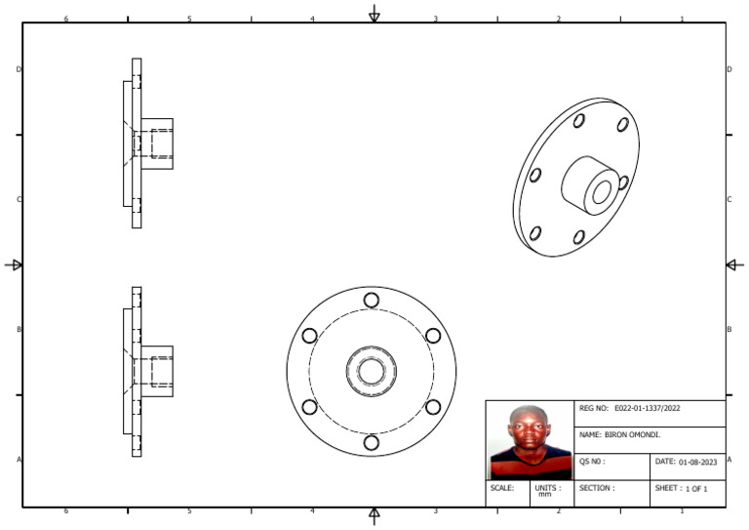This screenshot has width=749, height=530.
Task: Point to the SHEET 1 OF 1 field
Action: [687, 487]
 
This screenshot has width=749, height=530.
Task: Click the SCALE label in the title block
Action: [502, 487]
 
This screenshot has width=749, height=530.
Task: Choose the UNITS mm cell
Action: [547, 490]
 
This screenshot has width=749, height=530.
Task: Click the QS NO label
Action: [593, 462]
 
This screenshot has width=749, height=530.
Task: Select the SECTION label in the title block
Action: [597, 487]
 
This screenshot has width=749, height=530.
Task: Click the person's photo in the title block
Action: [530, 440]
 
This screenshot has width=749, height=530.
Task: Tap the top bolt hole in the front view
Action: [371, 300]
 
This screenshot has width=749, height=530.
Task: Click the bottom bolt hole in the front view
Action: [371, 442]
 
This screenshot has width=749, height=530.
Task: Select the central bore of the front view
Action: [371, 371]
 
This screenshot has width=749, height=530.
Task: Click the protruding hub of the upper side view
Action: [158, 143]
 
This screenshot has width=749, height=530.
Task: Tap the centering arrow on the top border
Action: [374, 13]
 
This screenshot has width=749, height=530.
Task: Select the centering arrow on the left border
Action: [14, 265]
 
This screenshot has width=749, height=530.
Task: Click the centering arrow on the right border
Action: [735, 265]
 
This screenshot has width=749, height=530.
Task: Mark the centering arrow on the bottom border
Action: [374, 516]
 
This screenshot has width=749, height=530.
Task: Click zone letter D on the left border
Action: [19, 69]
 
